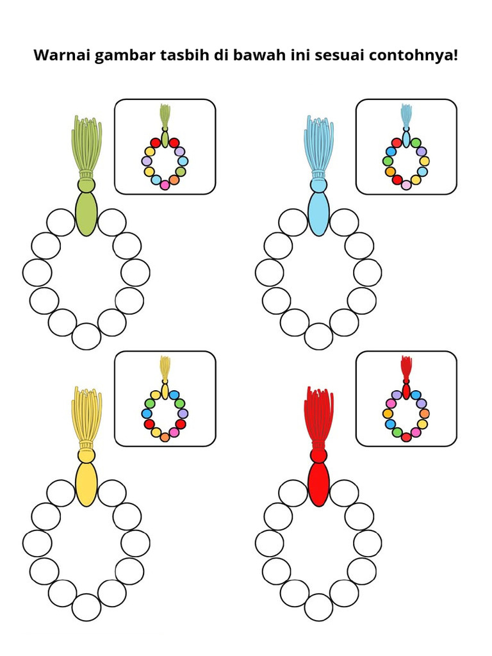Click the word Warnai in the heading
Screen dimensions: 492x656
pyautogui.click(x=62, y=55)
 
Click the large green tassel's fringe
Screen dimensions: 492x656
pyautogui.click(x=86, y=144)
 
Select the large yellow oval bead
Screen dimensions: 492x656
pyautogui.click(x=86, y=484)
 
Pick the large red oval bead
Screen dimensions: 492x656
pyautogui.click(x=318, y=484)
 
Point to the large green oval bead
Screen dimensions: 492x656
pyautogui.click(x=86, y=213)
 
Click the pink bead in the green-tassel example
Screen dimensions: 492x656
pyautogui.click(x=165, y=185)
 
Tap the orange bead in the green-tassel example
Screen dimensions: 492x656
pyautogui.click(x=174, y=180)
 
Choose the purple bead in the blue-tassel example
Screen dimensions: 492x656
pyautogui.click(x=422, y=151)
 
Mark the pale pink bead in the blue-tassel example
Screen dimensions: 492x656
pyautogui.click(x=406, y=185)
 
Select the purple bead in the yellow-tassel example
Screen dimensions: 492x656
pyautogui.click(x=183, y=413)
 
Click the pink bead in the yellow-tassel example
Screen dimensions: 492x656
pyautogui.click(x=174, y=432)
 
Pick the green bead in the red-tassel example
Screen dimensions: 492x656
pyautogui.click(x=397, y=432)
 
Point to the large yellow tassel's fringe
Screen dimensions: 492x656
pyautogui.click(x=86, y=415)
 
